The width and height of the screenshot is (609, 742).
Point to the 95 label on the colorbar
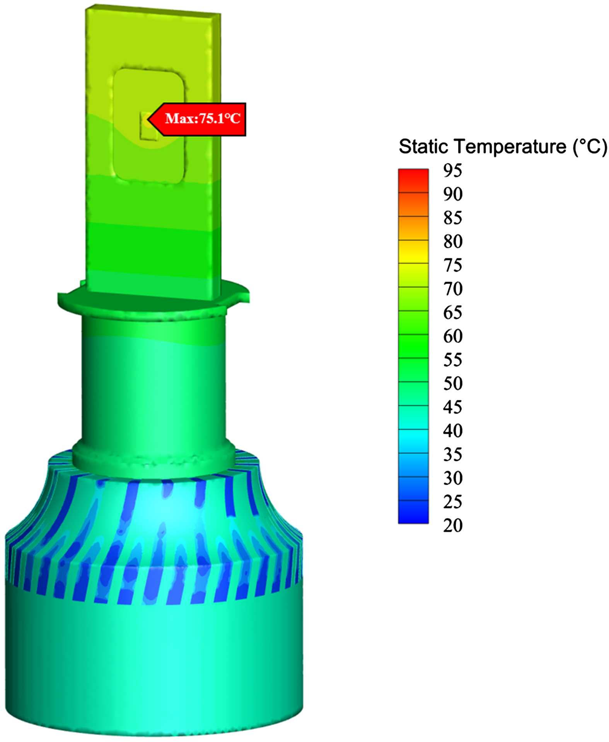click(452, 170)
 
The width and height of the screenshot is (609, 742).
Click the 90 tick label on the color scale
click(452, 194)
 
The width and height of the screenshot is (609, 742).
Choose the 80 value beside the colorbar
click(452, 241)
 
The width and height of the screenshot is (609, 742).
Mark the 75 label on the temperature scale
click(452, 265)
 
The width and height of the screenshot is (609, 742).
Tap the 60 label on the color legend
click(452, 336)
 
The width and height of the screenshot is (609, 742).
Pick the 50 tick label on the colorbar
click(452, 383)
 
